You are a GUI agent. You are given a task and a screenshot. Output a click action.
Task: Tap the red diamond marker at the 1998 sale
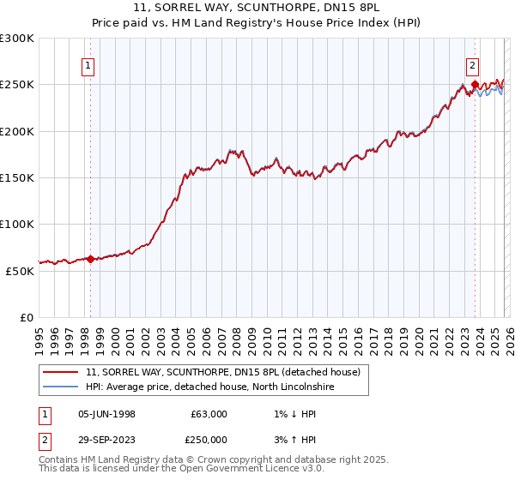90,259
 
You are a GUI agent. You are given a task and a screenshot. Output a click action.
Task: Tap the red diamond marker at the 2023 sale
475,84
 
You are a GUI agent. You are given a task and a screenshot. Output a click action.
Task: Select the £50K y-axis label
20,270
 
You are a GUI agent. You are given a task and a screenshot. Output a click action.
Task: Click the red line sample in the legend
61,373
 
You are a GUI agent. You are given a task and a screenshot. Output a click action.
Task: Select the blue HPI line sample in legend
61,387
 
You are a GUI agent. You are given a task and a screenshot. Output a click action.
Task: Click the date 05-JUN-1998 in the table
106,414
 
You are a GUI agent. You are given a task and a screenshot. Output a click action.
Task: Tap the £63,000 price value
208,414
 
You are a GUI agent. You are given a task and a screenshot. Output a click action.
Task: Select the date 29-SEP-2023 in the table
106,440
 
